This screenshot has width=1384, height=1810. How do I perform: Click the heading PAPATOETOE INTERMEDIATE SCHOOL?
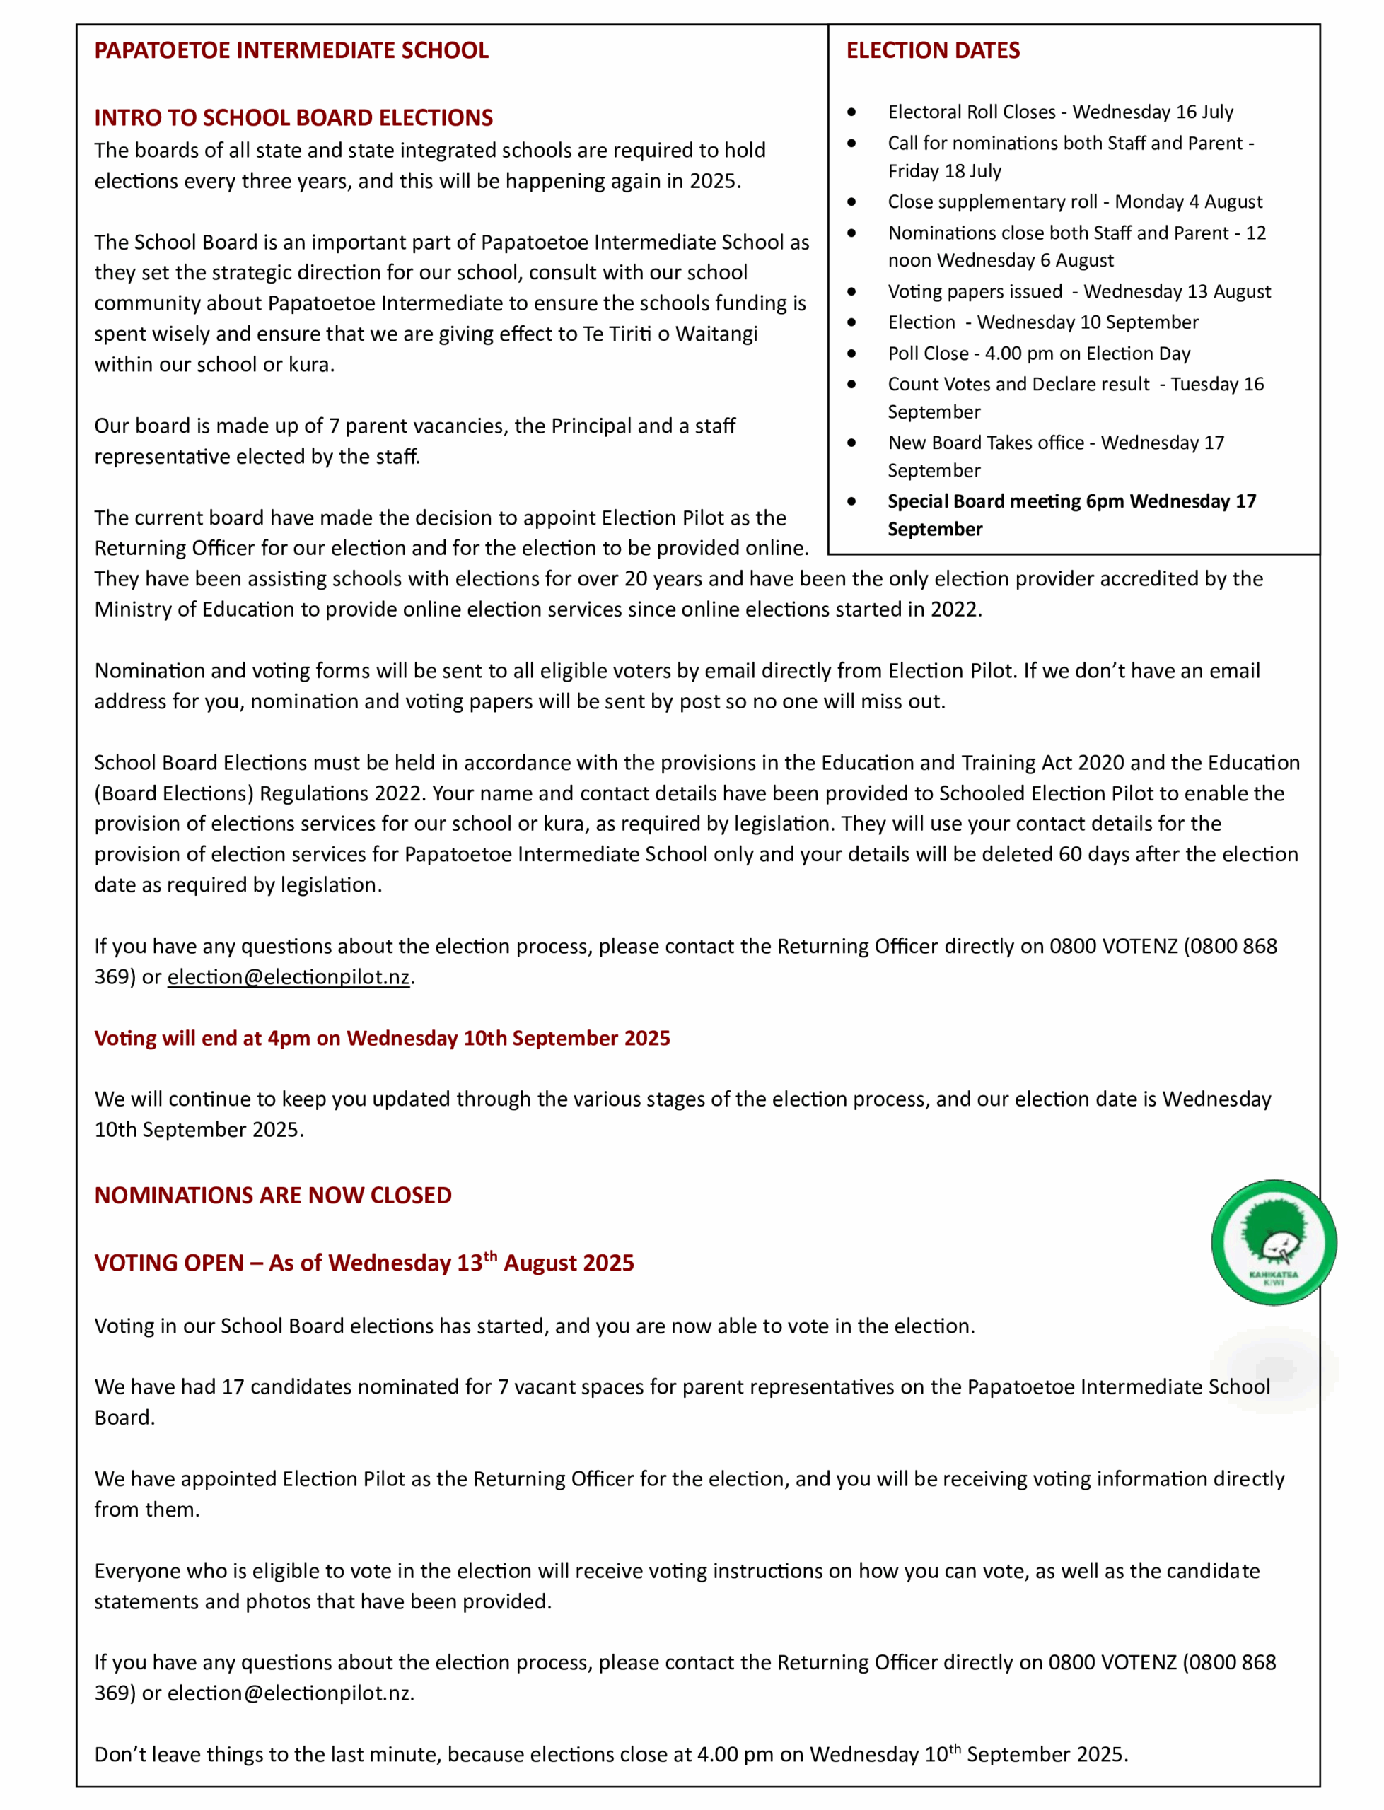pos(291,50)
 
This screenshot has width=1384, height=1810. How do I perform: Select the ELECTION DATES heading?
pos(933,50)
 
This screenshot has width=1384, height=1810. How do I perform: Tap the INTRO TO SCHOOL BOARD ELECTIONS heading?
pos(293,118)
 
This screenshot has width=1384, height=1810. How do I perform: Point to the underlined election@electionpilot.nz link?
pos(289,976)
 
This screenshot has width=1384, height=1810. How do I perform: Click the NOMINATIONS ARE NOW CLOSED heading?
pos(273,1195)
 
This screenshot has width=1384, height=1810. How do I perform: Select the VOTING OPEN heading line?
pos(364,1263)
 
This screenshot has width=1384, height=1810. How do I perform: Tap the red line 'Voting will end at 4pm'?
pos(383,1038)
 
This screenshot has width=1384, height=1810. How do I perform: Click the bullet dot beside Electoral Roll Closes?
pos(851,112)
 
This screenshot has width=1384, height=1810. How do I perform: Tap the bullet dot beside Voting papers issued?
pos(851,291)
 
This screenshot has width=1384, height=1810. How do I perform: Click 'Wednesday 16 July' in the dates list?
pos(1153,112)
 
